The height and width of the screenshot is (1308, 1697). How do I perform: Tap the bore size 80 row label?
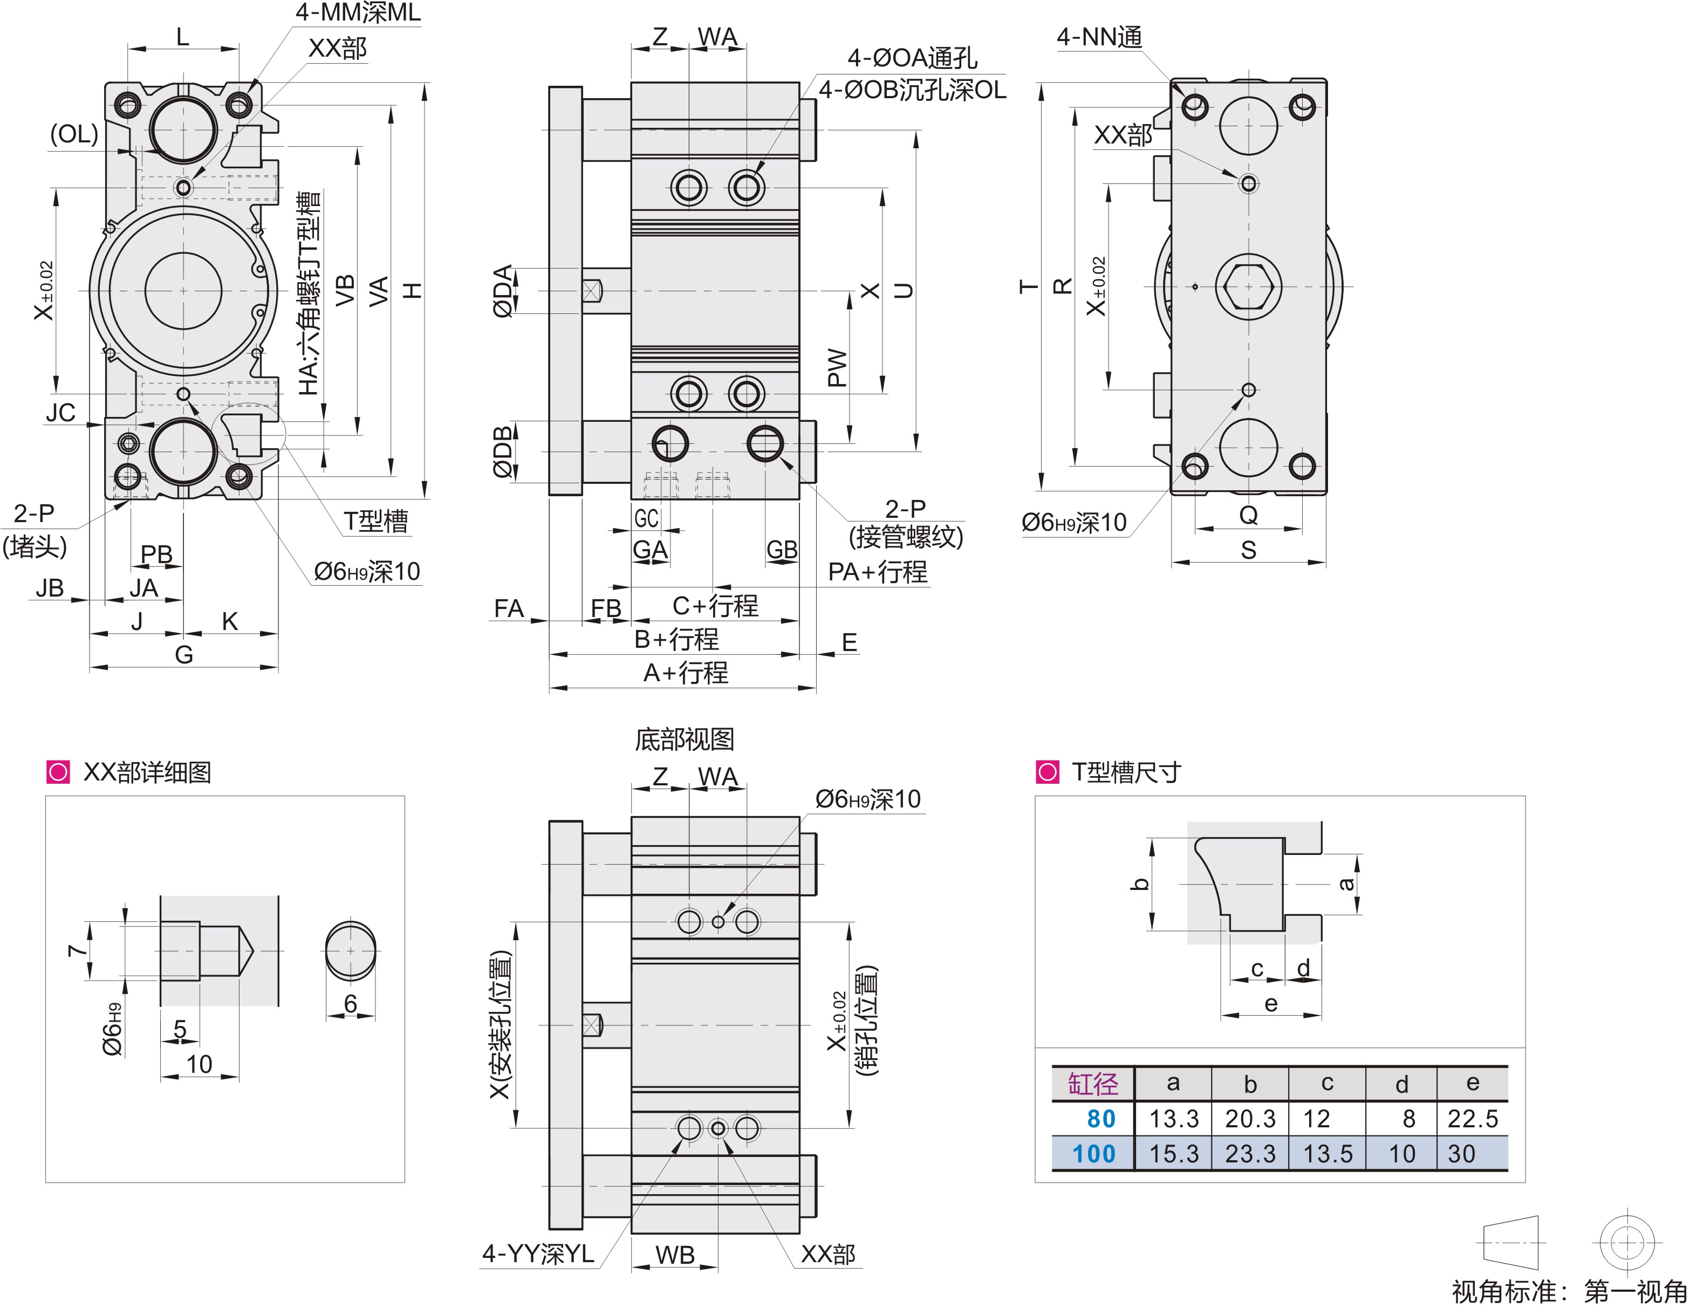coord(1101,1118)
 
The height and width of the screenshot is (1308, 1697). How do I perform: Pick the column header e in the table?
coord(1473,1083)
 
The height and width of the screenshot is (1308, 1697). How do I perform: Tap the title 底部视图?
coord(684,739)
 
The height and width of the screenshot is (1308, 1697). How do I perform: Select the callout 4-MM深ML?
coord(358,12)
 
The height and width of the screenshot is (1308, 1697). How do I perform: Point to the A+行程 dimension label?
coord(685,672)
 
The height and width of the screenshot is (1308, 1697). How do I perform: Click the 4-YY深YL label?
coord(538,1254)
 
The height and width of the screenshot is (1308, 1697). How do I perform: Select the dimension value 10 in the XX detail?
coord(199,1064)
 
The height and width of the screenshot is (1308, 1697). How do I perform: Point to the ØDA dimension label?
coord(503,291)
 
